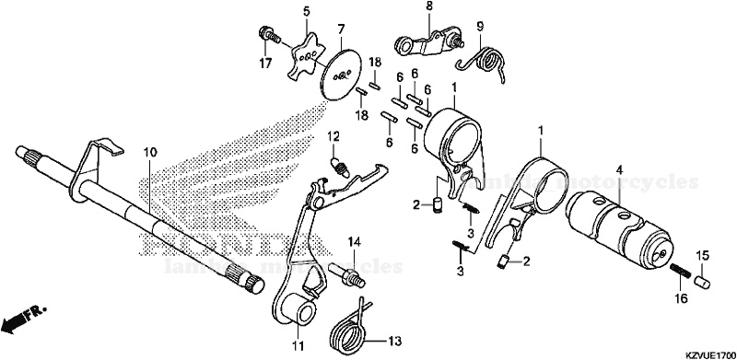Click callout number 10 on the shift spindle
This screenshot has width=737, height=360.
click(149, 150)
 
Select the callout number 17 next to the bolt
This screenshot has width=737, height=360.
click(265, 64)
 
